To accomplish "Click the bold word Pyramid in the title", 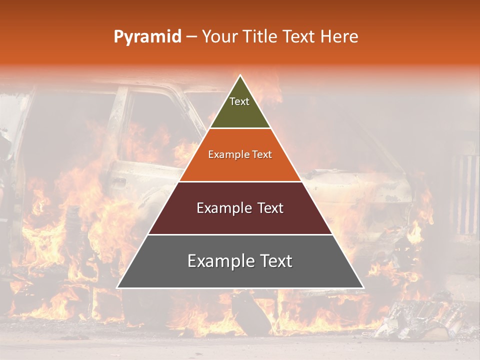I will tap(147, 36).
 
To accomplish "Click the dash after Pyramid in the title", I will tap(191, 37).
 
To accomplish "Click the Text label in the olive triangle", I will tap(239, 101).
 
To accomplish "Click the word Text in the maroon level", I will tap(270, 208).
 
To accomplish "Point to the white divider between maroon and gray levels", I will tap(240, 234).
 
